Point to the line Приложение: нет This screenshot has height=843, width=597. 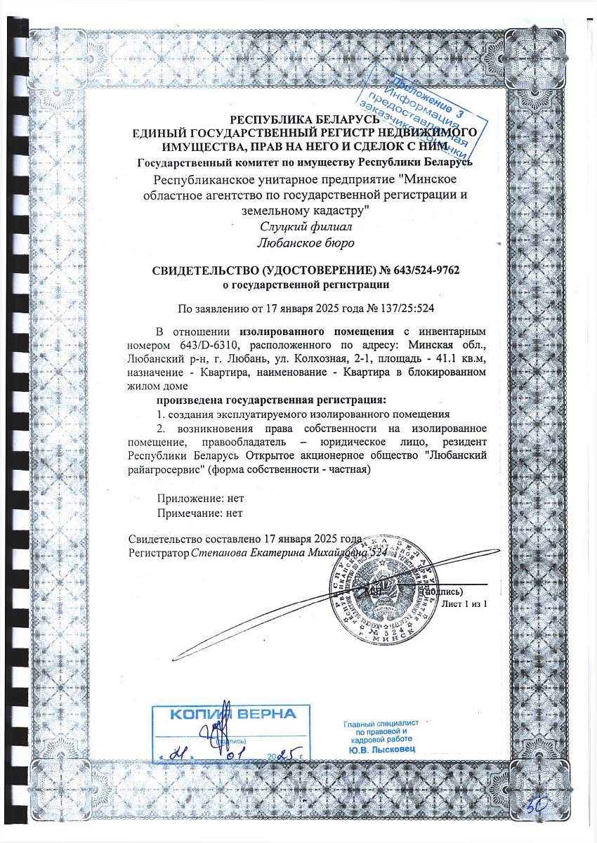pyautogui.click(x=200, y=499)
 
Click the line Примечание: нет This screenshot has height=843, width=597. pyautogui.click(x=200, y=513)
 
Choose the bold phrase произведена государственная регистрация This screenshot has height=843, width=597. pyautogui.click(x=271, y=400)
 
